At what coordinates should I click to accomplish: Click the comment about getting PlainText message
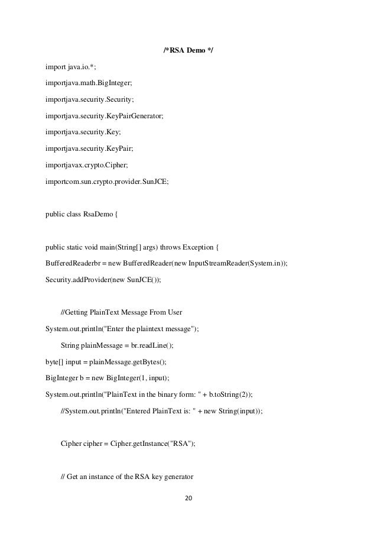(123, 313)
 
